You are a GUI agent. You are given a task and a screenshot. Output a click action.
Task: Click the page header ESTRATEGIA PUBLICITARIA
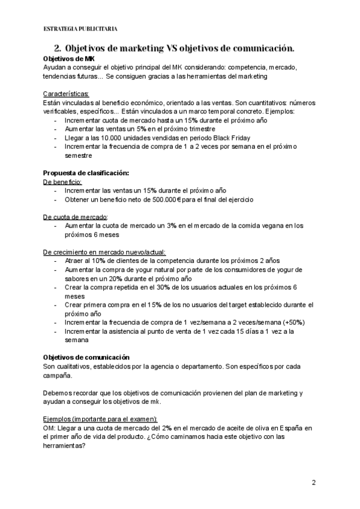pyautogui.click(x=80, y=28)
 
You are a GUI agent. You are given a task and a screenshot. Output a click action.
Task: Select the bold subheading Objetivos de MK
pyautogui.click(x=68, y=59)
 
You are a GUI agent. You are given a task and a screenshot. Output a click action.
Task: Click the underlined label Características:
pyautogui.click(x=67, y=94)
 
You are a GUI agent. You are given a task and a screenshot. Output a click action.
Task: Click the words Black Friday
pyautogui.click(x=233, y=137)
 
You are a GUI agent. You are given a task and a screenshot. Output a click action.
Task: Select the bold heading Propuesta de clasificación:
pyautogui.click(x=86, y=173)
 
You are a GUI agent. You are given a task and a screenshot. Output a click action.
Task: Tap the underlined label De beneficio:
pyautogui.click(x=62, y=181)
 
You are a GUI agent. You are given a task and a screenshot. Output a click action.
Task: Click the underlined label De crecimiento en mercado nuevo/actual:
pyautogui.click(x=104, y=252)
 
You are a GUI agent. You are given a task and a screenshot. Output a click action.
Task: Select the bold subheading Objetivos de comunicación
pyautogui.click(x=91, y=358)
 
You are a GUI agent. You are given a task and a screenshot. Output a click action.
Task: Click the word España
pyautogui.click(x=281, y=428)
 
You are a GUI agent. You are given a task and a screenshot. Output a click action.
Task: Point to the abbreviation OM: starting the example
pyautogui.click(x=50, y=428)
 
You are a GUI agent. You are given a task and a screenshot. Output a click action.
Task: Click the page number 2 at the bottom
pyautogui.click(x=313, y=483)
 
